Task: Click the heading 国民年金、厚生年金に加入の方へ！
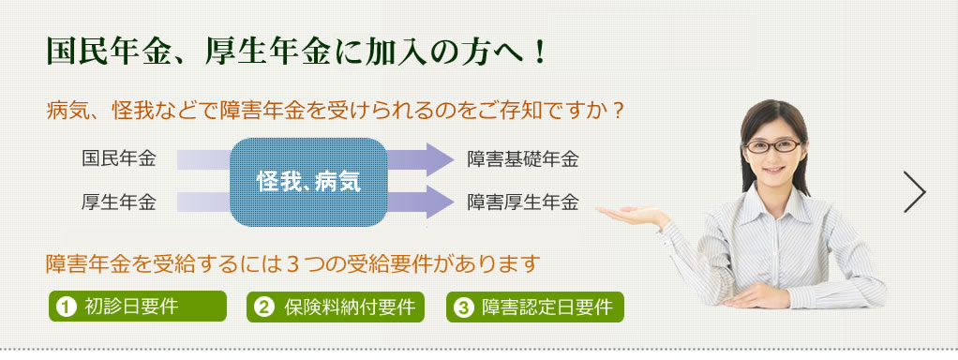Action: click(295, 52)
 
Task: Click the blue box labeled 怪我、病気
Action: click(308, 182)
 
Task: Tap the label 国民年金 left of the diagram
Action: click(119, 159)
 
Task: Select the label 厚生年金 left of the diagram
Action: click(119, 202)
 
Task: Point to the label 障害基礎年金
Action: click(523, 159)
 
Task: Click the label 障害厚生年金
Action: click(523, 202)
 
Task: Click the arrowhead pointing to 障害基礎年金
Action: click(440, 159)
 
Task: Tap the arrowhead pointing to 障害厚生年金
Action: click(440, 202)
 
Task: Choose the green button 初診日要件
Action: click(138, 307)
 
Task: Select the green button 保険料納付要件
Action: click(336, 307)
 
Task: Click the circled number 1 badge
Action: click(66, 307)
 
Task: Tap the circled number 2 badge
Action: click(264, 307)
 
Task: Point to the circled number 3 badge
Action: click(463, 307)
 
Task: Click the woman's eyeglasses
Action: click(773, 146)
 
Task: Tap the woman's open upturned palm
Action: click(629, 213)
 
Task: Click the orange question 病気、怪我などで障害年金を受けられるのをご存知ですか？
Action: click(336, 111)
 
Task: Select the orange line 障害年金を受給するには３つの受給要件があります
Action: click(294, 263)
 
